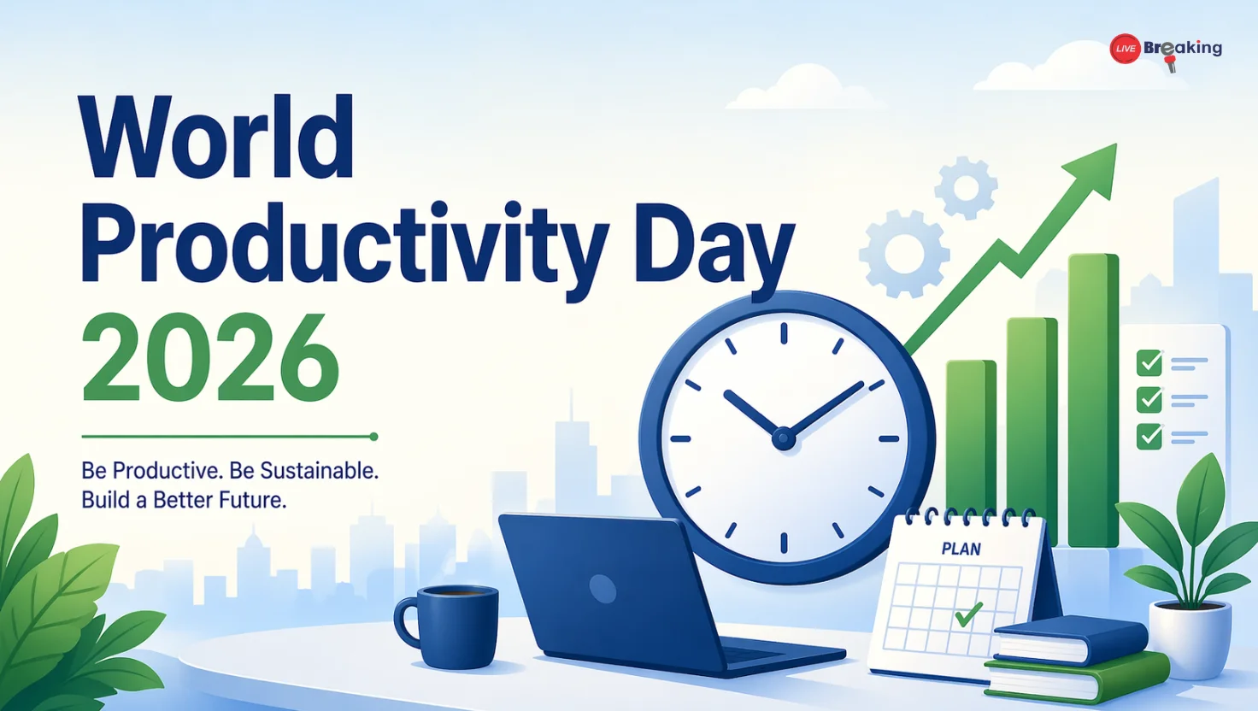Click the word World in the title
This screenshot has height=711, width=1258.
coord(216,138)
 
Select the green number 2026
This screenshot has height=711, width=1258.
coord(210,359)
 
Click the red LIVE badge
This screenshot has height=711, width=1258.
coord(1125,49)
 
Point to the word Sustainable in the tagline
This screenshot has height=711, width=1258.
coord(318,471)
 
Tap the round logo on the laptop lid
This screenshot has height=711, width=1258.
coord(603,588)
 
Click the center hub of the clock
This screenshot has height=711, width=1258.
coord(783,439)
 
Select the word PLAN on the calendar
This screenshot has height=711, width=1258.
coord(961,549)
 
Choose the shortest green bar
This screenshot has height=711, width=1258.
coord(971,436)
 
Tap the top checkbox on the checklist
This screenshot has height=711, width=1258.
coord(1149,362)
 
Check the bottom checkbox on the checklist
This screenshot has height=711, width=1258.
coord(1149,436)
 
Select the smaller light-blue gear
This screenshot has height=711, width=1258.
coord(966,187)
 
